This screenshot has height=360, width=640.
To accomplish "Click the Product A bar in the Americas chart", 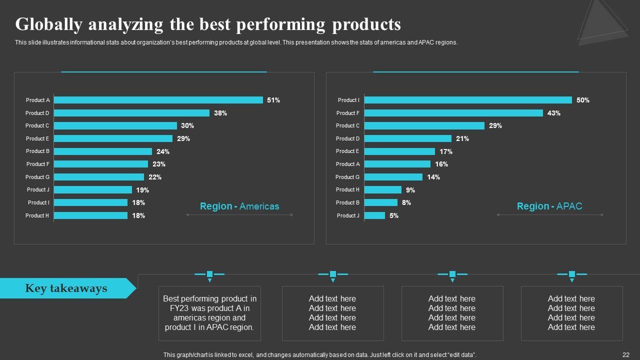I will pos(158,100).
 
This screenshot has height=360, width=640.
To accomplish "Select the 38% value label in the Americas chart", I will pos(220,113).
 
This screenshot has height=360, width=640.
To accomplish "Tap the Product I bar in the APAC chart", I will pos(468,100).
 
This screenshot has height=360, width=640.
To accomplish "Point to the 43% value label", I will pos(553,113).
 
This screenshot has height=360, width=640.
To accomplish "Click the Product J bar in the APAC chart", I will pos(374,215).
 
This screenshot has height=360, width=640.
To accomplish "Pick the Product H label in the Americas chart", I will pos(37,215).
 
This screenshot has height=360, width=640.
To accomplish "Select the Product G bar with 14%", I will pos(393,177).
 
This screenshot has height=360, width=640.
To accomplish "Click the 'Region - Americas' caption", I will pos(239,206).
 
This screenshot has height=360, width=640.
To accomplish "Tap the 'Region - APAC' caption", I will pos(549,206).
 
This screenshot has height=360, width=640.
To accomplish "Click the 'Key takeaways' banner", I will pos(66,288).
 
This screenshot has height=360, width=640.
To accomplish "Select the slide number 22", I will pos(625,354).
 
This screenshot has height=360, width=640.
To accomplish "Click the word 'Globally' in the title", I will pos(48,24).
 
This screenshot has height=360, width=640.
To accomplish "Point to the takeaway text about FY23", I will pos(209,313).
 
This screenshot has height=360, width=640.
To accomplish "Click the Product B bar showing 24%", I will pos(102,151).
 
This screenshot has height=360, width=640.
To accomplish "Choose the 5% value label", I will pos(394,215).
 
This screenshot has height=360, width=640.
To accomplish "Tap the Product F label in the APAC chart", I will pos(348,113).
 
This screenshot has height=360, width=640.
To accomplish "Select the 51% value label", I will pos(273,100).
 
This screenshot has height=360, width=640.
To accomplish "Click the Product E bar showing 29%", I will pos(113,138).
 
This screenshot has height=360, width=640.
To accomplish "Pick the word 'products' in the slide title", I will pos(366,24).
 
